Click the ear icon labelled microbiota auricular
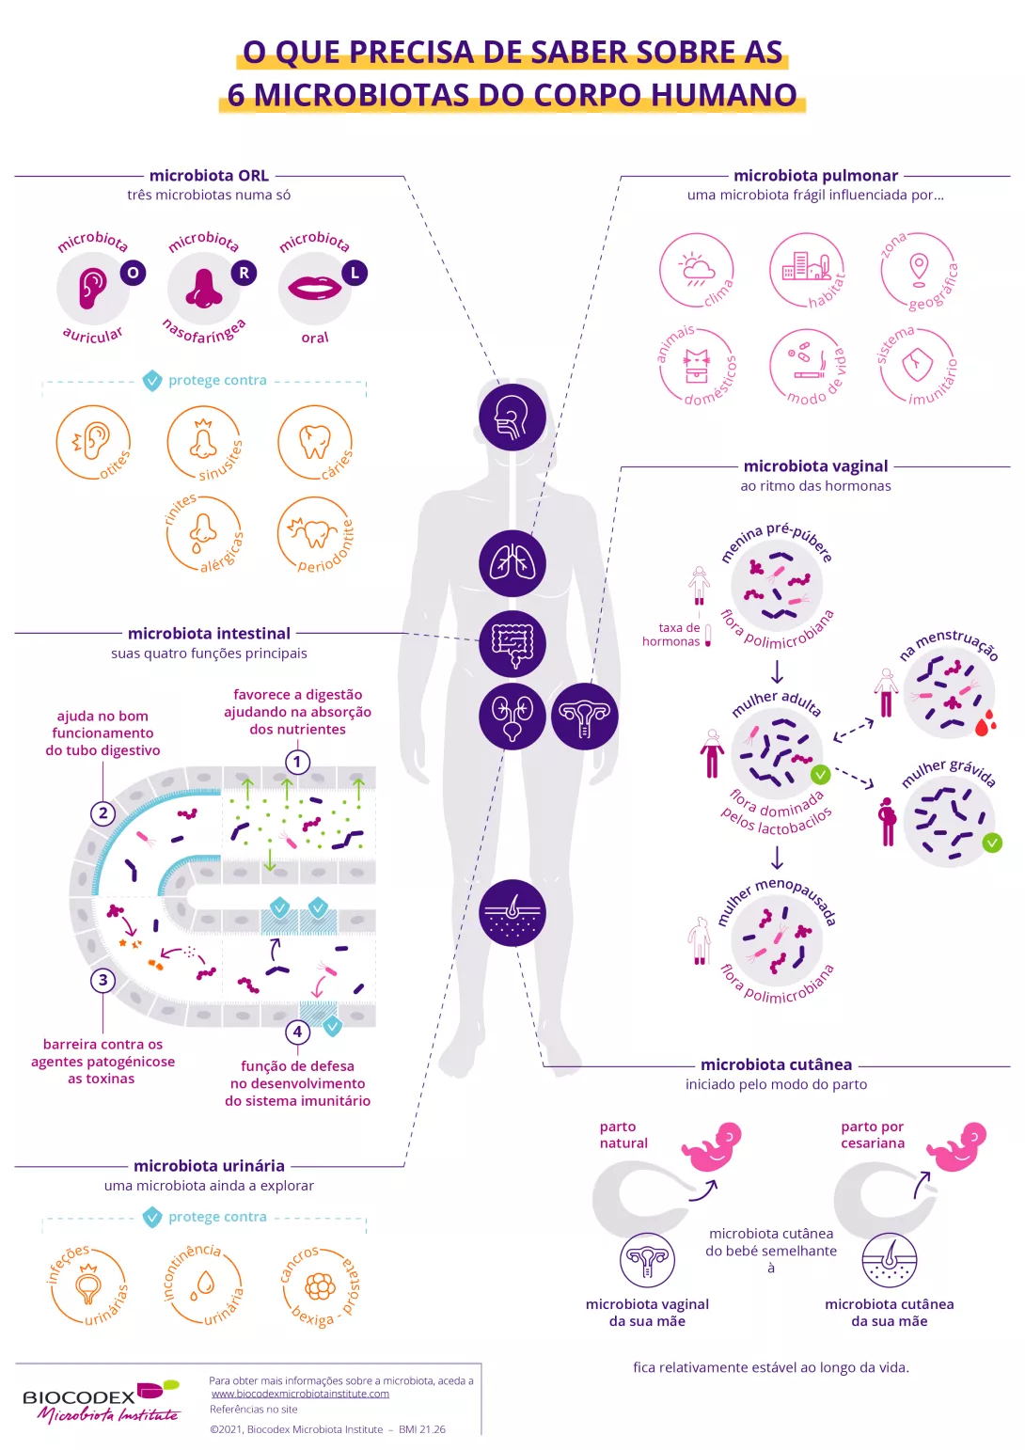92,288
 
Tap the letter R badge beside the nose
244,273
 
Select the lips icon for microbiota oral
314,287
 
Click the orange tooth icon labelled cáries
314,441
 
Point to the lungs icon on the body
512,563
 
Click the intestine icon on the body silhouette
512,643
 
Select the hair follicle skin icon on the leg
512,912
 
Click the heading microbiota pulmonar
815,176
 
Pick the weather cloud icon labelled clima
696,269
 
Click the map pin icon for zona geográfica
919,268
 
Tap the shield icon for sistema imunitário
917,365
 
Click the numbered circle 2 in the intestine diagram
103,813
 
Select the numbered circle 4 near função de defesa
297,1032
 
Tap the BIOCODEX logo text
79,1397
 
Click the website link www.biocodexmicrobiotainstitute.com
300,1394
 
